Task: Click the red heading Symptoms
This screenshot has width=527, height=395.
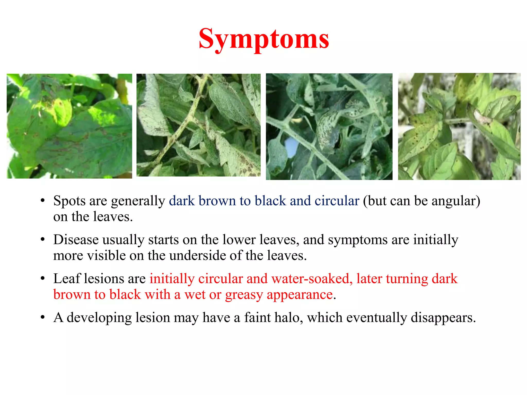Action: (264, 39)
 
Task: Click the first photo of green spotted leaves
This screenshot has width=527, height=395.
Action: (69, 126)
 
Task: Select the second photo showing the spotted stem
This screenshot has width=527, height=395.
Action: (198, 125)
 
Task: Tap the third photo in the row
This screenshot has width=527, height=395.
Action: (329, 127)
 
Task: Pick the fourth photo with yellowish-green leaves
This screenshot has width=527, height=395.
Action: (459, 127)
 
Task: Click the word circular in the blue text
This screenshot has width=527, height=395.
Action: (337, 201)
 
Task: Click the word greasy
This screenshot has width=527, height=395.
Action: (244, 295)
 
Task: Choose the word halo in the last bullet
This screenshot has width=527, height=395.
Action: (288, 318)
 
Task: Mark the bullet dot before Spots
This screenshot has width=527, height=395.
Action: (43, 201)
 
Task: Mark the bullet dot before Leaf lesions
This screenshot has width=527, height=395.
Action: (43, 279)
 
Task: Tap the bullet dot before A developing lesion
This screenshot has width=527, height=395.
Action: (43, 318)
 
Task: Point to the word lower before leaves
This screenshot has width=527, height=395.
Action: (239, 240)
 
